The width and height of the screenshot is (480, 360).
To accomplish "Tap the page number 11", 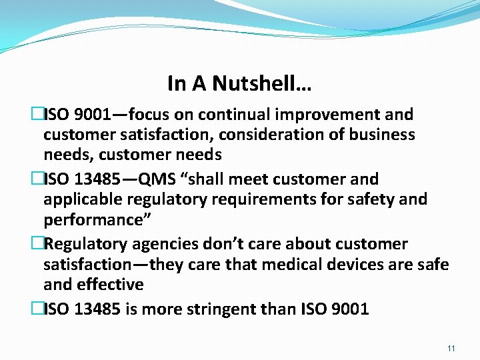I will pos(451,349).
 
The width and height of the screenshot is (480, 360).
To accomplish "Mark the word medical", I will pos(295,265).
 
